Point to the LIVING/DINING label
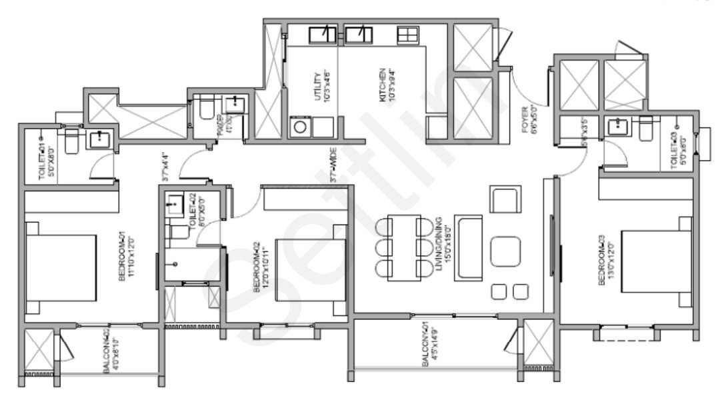point(439,249)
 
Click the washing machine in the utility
point(299,127)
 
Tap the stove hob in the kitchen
point(406,34)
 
